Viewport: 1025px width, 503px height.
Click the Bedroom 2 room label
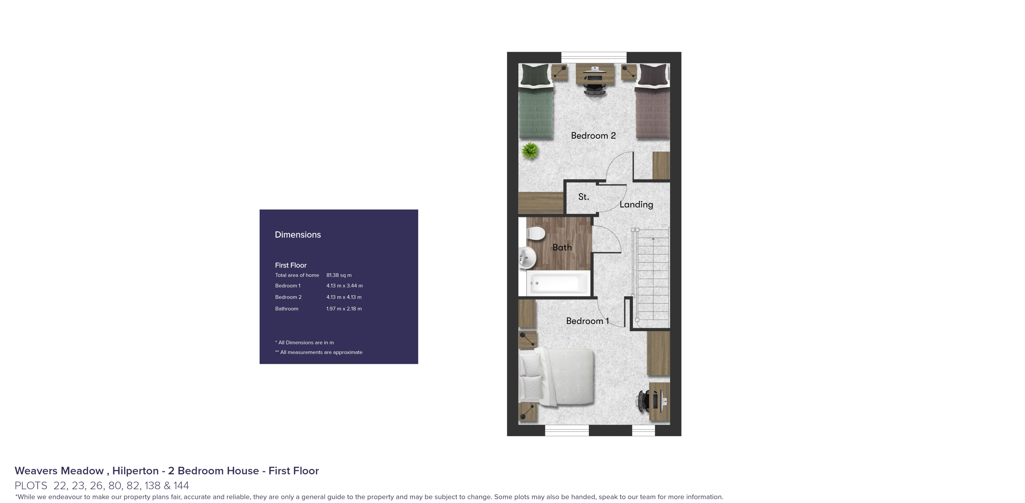[593, 136]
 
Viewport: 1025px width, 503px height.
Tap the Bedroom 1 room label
[587, 321]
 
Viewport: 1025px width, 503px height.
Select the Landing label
[636, 204]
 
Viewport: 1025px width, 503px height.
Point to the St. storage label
[583, 197]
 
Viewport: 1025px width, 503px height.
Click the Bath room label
[562, 247]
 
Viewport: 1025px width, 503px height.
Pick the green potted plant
[530, 151]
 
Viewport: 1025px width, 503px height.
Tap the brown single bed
[652, 101]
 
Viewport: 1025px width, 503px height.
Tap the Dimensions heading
[298, 235]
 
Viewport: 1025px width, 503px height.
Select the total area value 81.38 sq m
[339, 275]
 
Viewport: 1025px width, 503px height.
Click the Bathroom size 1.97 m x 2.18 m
[344, 309]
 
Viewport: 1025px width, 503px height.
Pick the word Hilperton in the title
[135, 471]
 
